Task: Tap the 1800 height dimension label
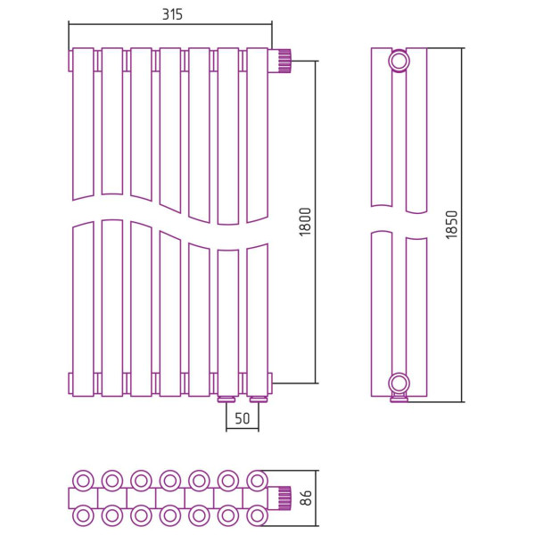tap(304, 221)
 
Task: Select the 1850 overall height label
tap(451, 224)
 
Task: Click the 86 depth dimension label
tap(306, 498)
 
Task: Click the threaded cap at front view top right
tap(284, 61)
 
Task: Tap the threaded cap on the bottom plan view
tap(284, 498)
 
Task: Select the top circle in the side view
tap(399, 62)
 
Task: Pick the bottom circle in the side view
tap(399, 383)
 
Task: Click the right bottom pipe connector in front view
tap(259, 399)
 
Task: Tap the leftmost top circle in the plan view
tap(83, 480)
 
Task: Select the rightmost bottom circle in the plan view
tap(257, 515)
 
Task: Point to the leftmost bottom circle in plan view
tap(83, 515)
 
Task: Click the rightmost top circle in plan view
tap(257, 480)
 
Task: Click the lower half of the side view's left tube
tap(382, 312)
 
